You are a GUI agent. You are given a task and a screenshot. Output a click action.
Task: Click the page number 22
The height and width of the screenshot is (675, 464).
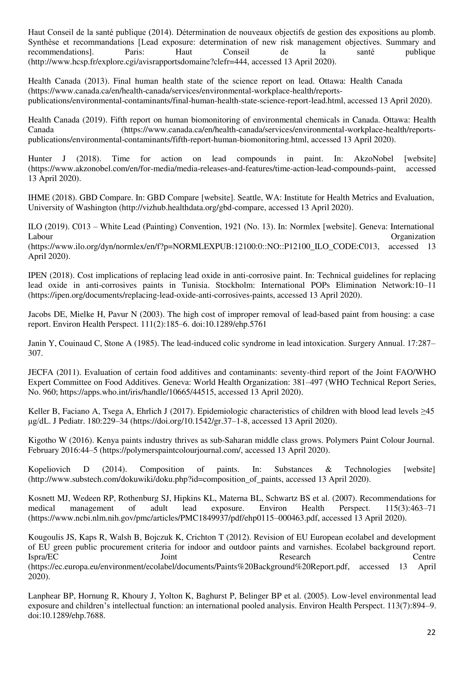[431, 632]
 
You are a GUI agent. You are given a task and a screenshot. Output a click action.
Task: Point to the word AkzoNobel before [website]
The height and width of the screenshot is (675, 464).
[374, 159]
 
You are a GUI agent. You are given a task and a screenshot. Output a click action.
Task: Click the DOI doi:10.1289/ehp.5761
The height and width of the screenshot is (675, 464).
[229, 324]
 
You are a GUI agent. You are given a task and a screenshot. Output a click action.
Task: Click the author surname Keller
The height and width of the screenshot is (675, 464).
[38, 411]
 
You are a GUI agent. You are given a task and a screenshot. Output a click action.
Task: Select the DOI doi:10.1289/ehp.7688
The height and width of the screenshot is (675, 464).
[66, 615]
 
